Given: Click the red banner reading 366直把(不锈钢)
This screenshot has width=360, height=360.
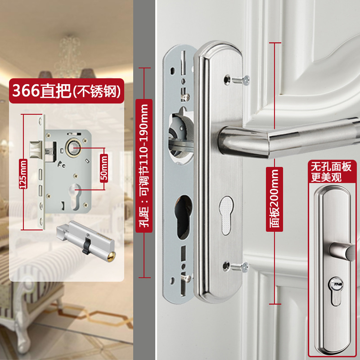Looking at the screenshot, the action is pyautogui.click(x=67, y=91).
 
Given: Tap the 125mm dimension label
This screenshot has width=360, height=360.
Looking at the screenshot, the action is pyautogui.click(x=23, y=174).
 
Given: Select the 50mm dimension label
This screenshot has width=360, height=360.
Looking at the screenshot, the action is pyautogui.click(x=104, y=168).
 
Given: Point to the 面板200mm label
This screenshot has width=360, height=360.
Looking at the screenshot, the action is pyautogui.click(x=274, y=199).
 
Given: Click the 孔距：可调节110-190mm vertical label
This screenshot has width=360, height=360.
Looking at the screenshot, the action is pyautogui.click(x=144, y=166).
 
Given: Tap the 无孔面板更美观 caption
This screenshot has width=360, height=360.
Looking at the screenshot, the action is pyautogui.click(x=331, y=171).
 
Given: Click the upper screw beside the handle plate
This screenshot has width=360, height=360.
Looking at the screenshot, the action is pyautogui.click(x=241, y=80).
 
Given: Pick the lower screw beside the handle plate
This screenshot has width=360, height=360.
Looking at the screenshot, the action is pyautogui.click(x=240, y=267).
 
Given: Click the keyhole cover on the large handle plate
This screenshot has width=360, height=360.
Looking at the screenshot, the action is pyautogui.click(x=226, y=216).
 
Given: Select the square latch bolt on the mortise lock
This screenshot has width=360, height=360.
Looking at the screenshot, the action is pyautogui.click(x=36, y=149).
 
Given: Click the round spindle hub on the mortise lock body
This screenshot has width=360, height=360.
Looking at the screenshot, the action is pyautogui.click(x=73, y=148).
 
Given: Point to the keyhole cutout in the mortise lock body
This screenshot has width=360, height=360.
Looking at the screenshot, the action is pyautogui.click(x=75, y=197).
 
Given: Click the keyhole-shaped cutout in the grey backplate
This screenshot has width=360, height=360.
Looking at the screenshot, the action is pyautogui.click(x=183, y=217).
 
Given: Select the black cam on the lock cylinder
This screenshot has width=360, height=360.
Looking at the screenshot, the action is pyautogui.click(x=86, y=246).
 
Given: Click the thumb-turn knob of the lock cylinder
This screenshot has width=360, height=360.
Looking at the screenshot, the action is pyautogui.click(x=63, y=230).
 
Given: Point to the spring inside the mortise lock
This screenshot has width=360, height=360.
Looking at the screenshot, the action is pyautogui.click(x=49, y=152).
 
